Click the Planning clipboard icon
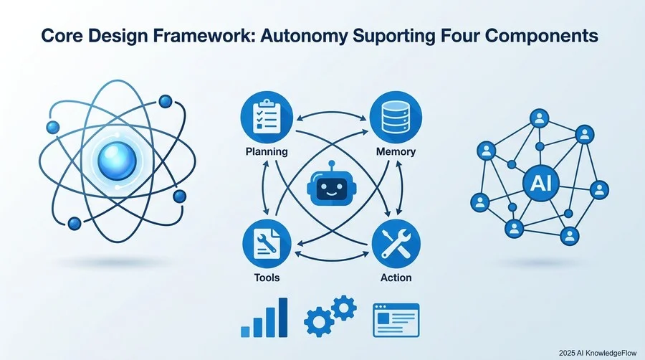click(267, 117)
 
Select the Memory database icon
click(396, 117)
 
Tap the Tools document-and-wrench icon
click(267, 244)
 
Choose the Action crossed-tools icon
click(396, 244)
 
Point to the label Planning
click(267, 151)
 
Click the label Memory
click(396, 151)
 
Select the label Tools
click(267, 278)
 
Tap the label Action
click(396, 278)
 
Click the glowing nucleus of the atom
click(118, 161)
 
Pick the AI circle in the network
click(538, 184)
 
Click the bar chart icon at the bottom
click(264, 318)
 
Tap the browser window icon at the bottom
click(396, 321)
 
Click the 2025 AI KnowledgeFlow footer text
click(598, 353)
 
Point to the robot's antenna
click(332, 166)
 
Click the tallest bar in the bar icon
click(283, 318)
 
